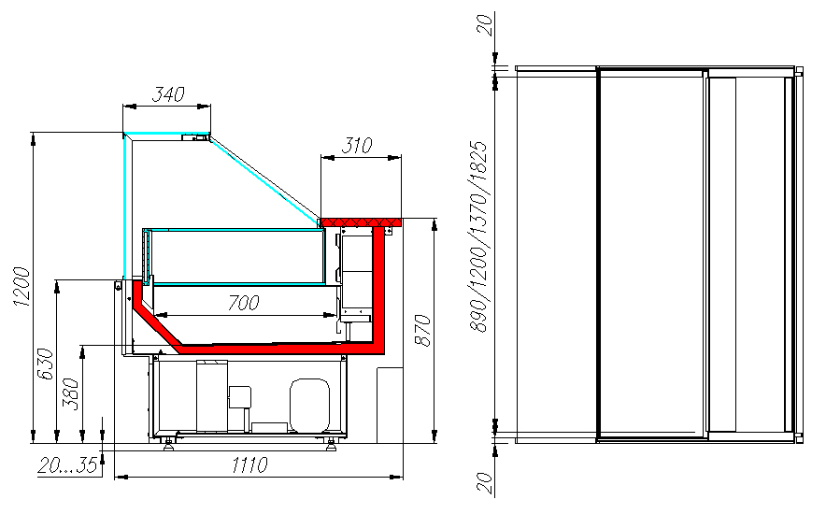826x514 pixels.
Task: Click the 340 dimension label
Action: pos(168,94)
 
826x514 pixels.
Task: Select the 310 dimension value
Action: pos(357,146)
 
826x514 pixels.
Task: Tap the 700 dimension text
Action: pos(243,303)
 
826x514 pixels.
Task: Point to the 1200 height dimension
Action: pos(22,287)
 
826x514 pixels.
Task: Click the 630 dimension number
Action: pos(45,364)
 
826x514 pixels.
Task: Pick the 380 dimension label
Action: pos(71,393)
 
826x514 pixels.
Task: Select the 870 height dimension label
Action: pos(422,330)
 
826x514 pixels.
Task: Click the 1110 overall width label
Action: pos(249,465)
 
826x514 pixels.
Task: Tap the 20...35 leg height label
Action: pos(68,465)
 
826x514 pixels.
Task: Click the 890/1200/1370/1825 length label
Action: pos(478,236)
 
